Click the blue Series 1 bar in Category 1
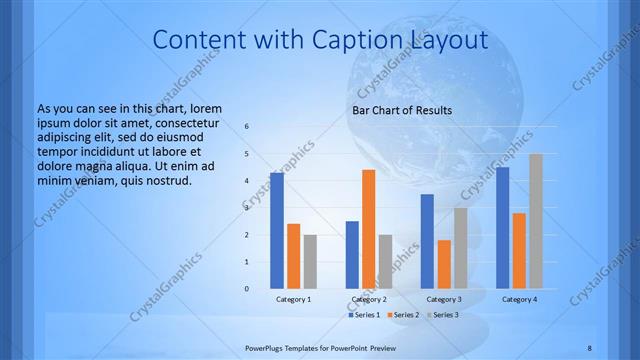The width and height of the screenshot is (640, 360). click(277, 231)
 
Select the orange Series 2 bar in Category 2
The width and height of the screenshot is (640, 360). click(368, 229)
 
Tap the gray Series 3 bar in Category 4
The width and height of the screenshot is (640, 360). click(536, 221)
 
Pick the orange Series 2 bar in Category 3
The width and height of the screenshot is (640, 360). click(444, 264)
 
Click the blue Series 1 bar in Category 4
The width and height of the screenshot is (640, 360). click(503, 228)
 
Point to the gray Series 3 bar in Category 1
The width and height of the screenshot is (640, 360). click(310, 262)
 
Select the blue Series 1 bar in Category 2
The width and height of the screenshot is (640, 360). click(352, 255)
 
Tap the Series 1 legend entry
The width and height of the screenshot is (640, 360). click(362, 315)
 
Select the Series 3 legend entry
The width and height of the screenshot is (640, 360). click(443, 315)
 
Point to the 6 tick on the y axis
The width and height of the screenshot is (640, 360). click(247, 127)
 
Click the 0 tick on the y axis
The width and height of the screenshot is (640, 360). click(247, 289)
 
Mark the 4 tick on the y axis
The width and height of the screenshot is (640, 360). click(247, 181)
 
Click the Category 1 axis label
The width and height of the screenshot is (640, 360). click(293, 299)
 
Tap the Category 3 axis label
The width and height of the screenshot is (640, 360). click(444, 299)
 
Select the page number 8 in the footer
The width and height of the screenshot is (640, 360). click(589, 348)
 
